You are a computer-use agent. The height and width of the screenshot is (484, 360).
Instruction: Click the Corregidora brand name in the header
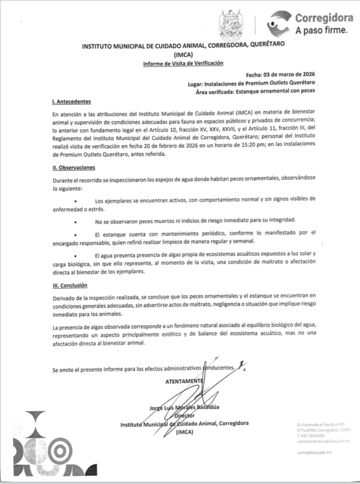coord(324,18)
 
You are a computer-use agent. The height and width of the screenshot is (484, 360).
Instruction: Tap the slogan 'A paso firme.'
coord(321,31)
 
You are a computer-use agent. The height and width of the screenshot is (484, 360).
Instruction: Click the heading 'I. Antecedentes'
coord(71,102)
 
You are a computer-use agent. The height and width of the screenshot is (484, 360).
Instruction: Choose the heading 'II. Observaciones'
coord(74,168)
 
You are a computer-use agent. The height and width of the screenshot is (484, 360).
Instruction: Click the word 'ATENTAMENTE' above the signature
coord(184,381)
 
